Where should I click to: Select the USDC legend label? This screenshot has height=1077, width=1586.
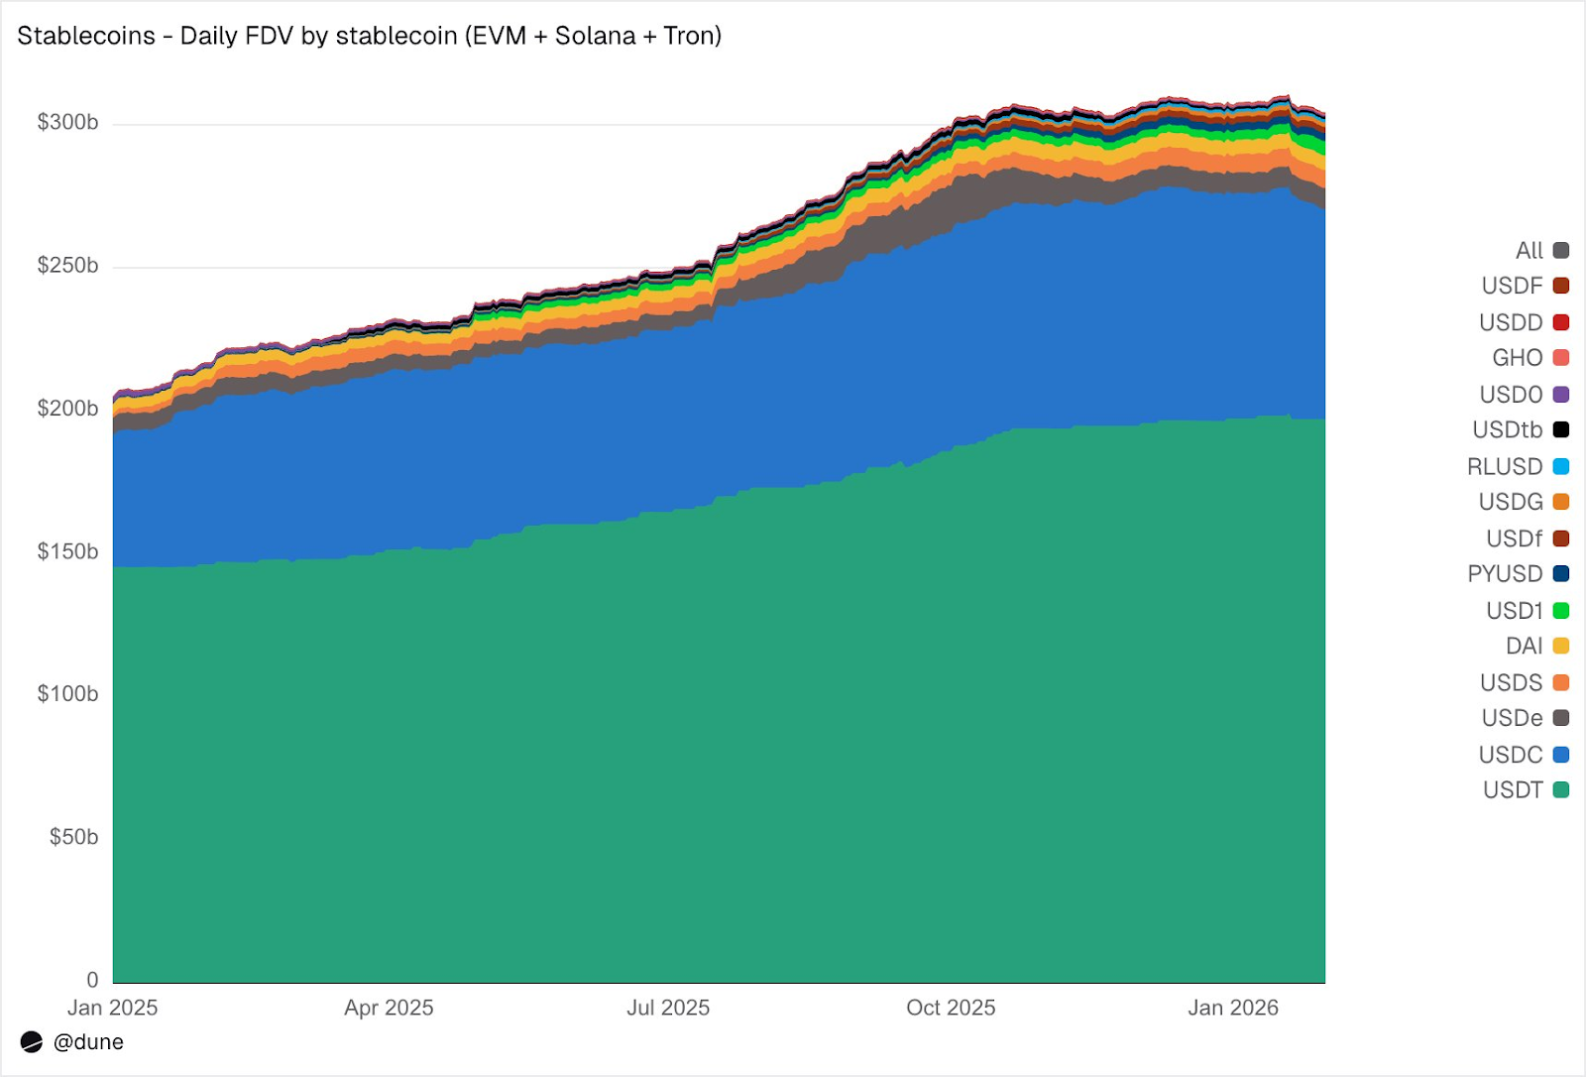pos(1511,755)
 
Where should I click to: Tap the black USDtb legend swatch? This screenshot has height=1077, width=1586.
pos(1561,429)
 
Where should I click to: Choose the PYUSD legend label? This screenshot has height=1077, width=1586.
pos(1505,574)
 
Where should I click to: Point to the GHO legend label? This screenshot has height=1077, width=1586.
pos(1518,358)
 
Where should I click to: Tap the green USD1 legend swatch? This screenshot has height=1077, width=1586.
pos(1561,611)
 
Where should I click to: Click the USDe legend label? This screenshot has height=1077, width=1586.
pos(1512,718)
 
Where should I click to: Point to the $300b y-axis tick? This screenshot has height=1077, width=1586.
pos(67,123)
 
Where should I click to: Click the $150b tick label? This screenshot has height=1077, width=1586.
pos(67,551)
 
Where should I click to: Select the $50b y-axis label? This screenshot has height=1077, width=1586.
pos(73,837)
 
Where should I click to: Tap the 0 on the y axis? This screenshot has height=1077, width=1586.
pos(92,980)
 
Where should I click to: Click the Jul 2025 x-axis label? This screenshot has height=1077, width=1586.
pos(668,1008)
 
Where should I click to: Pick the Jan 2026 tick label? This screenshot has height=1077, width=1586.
pos(1233,1008)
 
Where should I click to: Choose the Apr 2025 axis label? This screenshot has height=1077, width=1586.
pos(389,1008)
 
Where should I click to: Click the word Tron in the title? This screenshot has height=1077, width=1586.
pos(688,36)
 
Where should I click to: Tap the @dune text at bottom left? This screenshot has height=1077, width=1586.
pos(88,1042)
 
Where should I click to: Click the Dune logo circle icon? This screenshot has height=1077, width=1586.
pos(32,1042)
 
